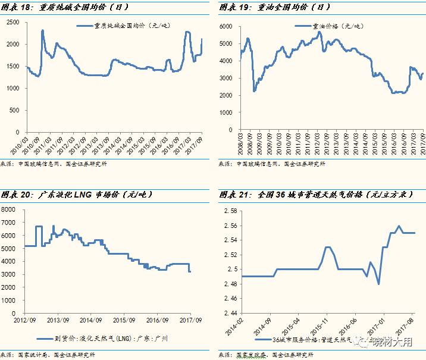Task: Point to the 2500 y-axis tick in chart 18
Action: point(12,22)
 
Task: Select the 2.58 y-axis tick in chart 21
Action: point(229,211)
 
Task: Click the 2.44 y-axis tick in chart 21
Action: point(229,312)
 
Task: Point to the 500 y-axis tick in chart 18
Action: point(14,110)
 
